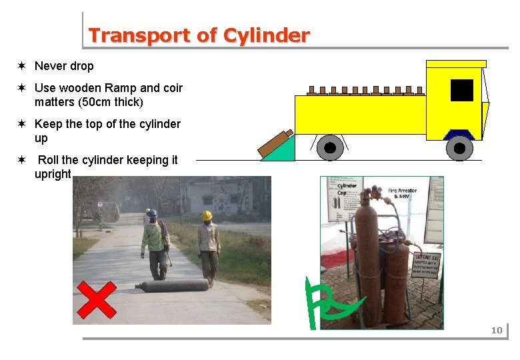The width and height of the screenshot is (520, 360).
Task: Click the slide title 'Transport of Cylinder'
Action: [x=199, y=35]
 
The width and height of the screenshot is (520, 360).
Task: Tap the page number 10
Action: [x=496, y=330]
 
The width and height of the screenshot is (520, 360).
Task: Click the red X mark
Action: [x=96, y=299]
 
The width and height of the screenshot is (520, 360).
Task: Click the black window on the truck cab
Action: [x=461, y=90]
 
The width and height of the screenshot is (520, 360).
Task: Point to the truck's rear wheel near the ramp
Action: [x=329, y=148]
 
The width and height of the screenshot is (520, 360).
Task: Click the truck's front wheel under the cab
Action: [x=459, y=148]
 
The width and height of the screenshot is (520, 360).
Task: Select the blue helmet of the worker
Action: [x=152, y=213]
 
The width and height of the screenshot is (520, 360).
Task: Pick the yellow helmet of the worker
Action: [x=207, y=215]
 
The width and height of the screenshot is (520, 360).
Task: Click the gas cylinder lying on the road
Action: [x=172, y=286]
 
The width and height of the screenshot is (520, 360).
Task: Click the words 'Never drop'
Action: [x=64, y=66]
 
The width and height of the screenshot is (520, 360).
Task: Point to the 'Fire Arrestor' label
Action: [x=402, y=191]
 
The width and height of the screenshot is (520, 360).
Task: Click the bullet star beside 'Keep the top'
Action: [x=22, y=124]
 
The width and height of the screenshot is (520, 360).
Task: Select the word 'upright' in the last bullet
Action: [x=53, y=174]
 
